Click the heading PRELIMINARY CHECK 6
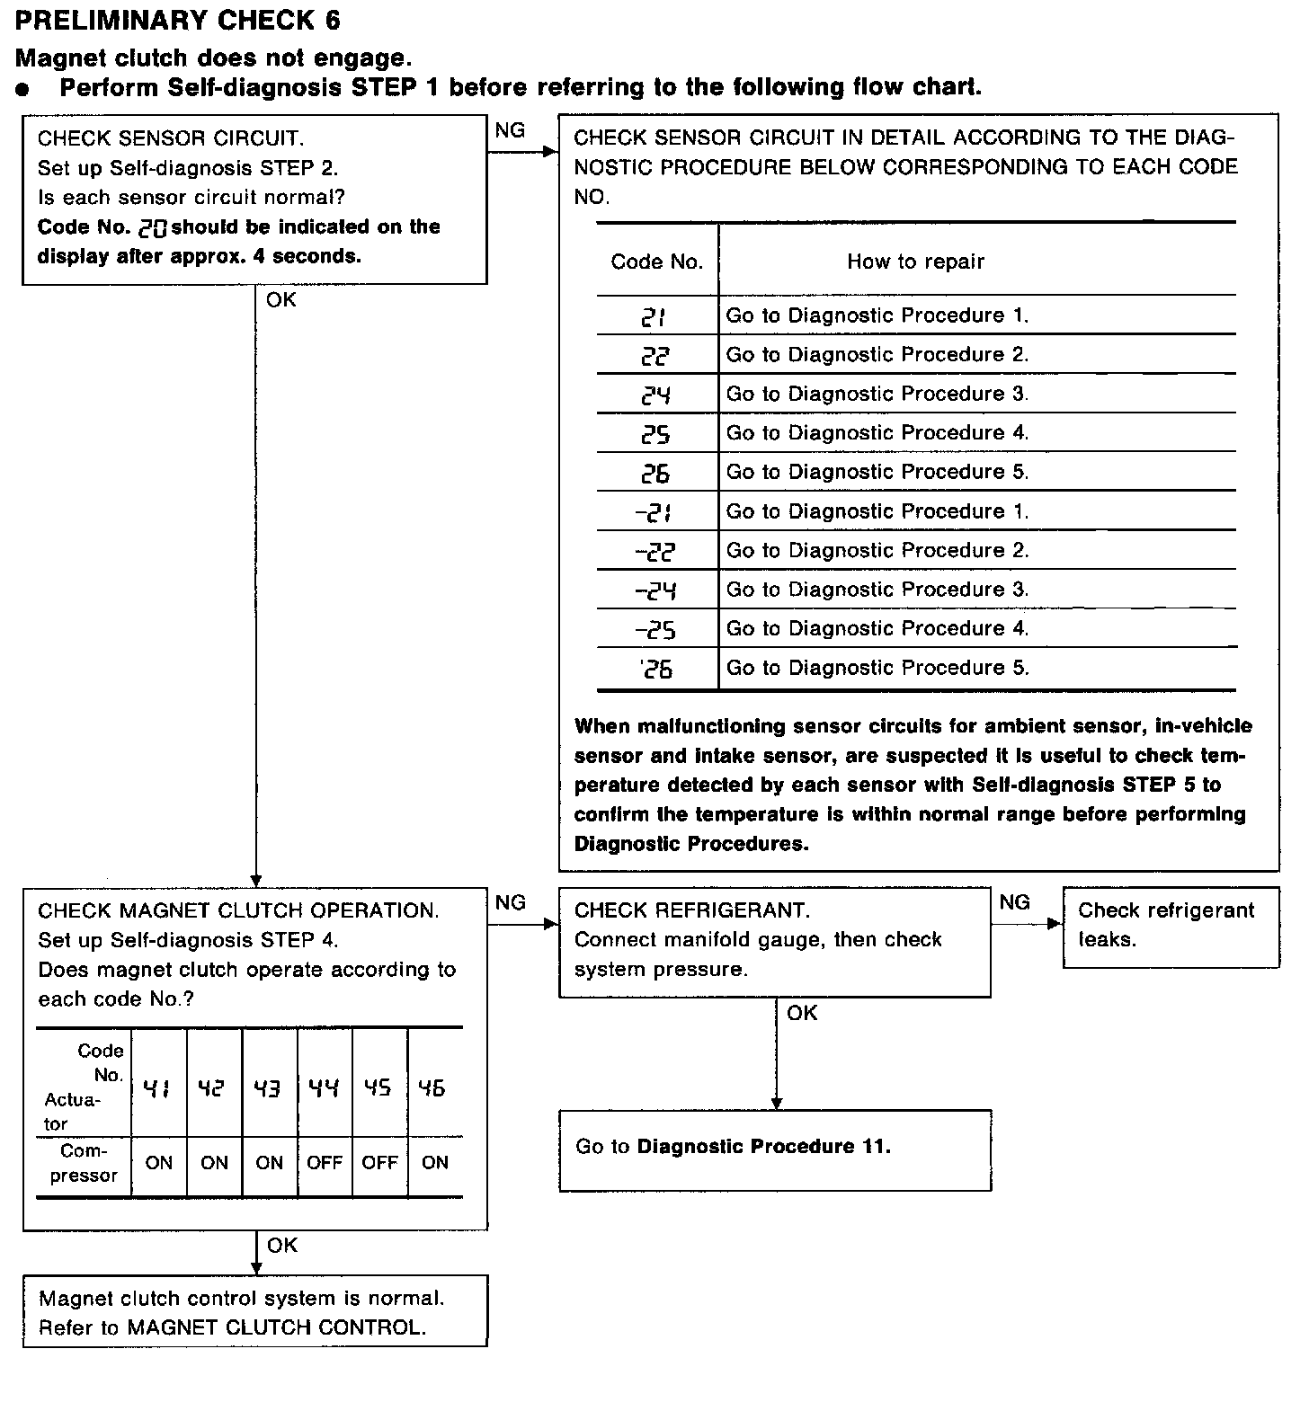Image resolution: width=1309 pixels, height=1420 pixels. pyautogui.click(x=177, y=20)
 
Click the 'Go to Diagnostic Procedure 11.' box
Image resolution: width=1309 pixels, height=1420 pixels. pyautogui.click(x=775, y=1149)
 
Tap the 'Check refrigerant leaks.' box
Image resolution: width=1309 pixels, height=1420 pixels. pyautogui.click(x=1171, y=927)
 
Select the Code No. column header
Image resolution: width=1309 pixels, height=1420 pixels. pyautogui.click(x=657, y=262)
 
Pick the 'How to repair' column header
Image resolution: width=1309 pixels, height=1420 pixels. pyautogui.click(x=915, y=262)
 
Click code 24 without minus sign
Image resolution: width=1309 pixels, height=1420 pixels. pyautogui.click(x=656, y=395)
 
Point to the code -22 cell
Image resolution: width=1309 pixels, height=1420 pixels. pyautogui.click(x=655, y=551)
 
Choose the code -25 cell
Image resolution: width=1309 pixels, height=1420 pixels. pyautogui.click(x=655, y=629)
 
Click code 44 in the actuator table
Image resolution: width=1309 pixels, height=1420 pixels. pyautogui.click(x=324, y=1088)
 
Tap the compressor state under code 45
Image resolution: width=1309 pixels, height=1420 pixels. pyautogui.click(x=379, y=1163)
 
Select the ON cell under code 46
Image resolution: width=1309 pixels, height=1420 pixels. pyautogui.click(x=435, y=1163)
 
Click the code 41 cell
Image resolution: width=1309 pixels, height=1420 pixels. pyautogui.click(x=158, y=1088)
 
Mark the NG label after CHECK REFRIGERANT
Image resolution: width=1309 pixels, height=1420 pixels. pyautogui.click(x=1014, y=902)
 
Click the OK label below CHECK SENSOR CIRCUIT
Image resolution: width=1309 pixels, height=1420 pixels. pyautogui.click(x=280, y=300)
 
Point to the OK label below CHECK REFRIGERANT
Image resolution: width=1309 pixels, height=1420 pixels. pyautogui.click(x=802, y=1014)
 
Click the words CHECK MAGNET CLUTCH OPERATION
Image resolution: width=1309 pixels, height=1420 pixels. pyautogui.click(x=238, y=910)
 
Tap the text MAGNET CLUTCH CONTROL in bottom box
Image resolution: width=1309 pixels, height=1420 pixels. pyautogui.click(x=276, y=1327)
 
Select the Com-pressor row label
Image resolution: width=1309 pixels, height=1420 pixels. pyautogui.click(x=84, y=1163)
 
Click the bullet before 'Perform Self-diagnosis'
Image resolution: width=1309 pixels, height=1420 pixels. pyautogui.click(x=24, y=89)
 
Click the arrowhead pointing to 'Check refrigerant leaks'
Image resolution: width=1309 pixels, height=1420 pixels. pyautogui.click(x=1055, y=924)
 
